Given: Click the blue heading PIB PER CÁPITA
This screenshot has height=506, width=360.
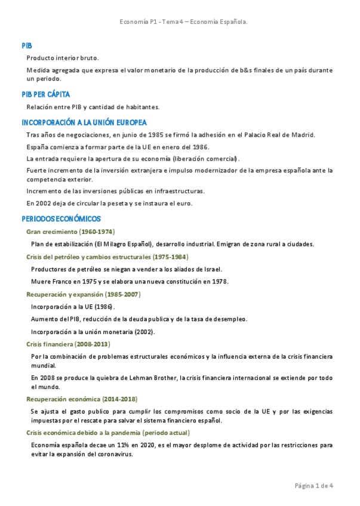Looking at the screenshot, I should [45, 94].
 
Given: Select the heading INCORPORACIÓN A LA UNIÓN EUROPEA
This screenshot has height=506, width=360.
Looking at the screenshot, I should [84, 122].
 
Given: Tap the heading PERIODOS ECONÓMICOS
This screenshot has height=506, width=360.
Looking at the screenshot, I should [61, 219].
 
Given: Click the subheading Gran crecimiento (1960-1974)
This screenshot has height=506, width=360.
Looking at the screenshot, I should [70, 232].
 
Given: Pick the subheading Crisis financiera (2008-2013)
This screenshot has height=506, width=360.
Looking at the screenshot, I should [68, 344].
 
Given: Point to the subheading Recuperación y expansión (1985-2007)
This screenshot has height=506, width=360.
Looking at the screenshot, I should [84, 294].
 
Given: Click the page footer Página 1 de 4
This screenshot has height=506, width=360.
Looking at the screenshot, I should [314, 486].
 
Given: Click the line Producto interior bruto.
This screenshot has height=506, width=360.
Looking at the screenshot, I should [63, 58].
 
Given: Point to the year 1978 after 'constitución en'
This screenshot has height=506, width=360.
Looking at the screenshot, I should [219, 282].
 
